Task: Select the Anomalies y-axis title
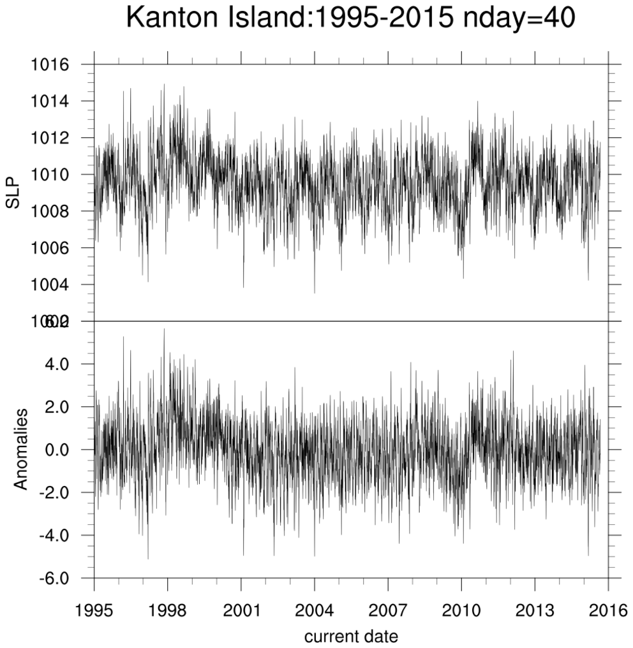tap(20, 449)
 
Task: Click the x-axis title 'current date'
tap(351, 635)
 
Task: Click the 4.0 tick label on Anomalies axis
tap(68, 364)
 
